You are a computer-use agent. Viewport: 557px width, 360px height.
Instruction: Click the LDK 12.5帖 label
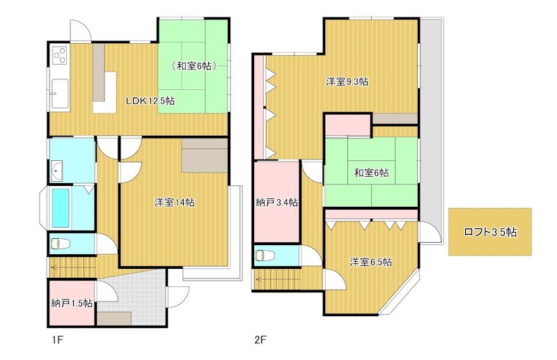click(150, 101)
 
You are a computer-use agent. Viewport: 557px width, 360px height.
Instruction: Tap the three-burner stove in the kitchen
click(60, 55)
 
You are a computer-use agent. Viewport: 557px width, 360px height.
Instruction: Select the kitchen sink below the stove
click(60, 93)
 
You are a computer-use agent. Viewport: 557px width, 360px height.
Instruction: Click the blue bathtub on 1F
click(61, 208)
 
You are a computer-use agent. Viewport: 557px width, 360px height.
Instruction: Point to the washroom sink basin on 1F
click(57, 170)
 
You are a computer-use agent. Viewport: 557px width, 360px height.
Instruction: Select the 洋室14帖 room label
click(174, 203)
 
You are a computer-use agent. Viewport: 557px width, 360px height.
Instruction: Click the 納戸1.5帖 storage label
click(72, 303)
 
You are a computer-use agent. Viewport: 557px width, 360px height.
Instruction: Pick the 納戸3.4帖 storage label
click(276, 203)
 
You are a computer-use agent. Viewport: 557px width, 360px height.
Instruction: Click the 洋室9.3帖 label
click(347, 81)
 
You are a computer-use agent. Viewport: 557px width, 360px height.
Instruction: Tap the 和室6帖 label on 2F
click(371, 173)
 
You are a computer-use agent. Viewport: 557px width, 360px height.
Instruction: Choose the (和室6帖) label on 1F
click(194, 65)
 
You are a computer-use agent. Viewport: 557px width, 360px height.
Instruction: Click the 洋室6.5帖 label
click(370, 263)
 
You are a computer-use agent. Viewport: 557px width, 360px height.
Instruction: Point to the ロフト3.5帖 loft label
click(490, 232)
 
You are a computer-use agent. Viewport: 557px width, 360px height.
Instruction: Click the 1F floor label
click(57, 340)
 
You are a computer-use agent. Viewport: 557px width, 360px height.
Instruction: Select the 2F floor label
click(260, 340)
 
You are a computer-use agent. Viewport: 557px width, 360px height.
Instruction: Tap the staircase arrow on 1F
click(72, 267)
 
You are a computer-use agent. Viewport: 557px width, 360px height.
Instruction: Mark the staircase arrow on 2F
click(277, 279)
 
